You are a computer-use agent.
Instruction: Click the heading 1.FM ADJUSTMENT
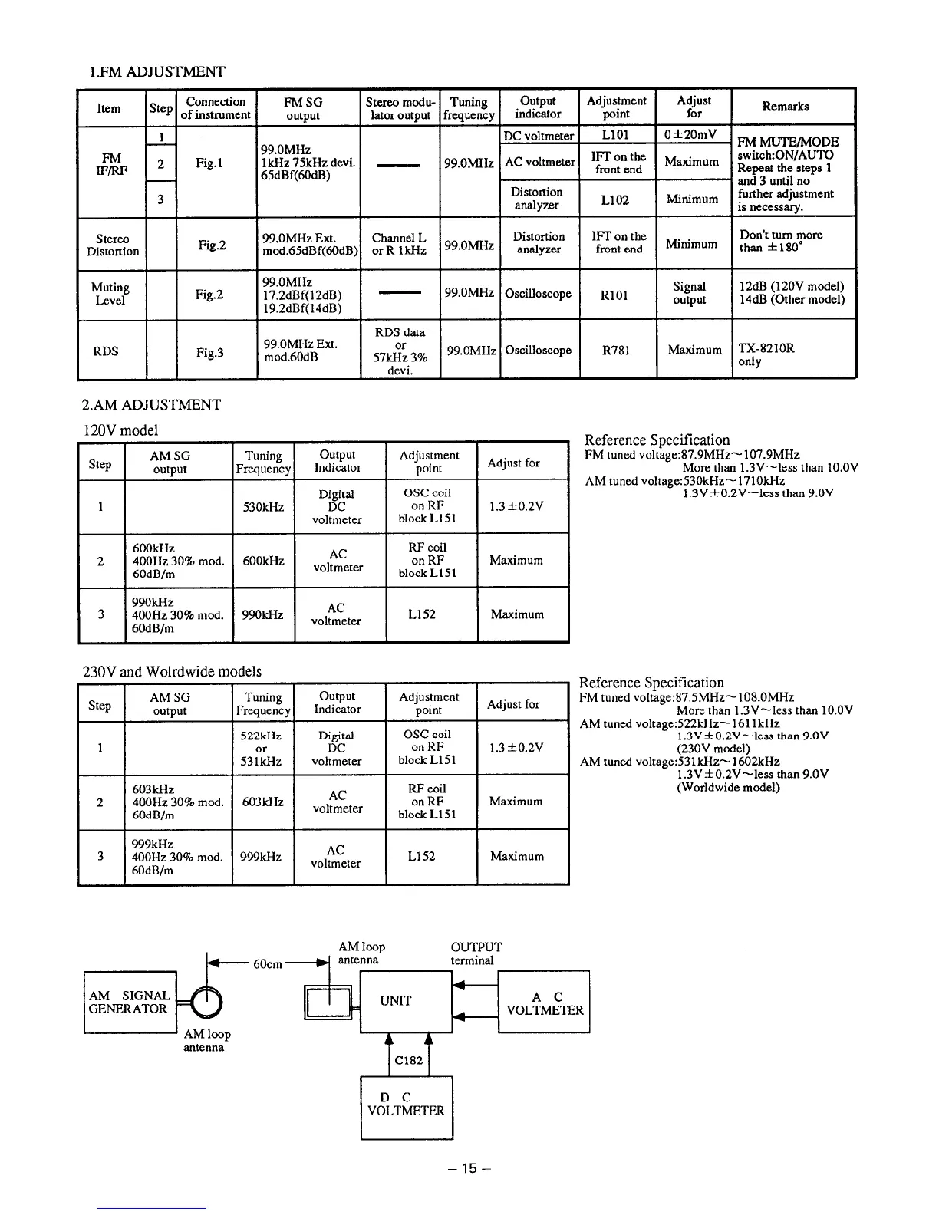pyautogui.click(x=156, y=72)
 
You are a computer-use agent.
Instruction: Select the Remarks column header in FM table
pyautogui.click(x=785, y=107)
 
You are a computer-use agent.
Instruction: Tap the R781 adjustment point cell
pyautogui.click(x=616, y=351)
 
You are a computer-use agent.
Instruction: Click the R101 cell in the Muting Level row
pyautogui.click(x=616, y=295)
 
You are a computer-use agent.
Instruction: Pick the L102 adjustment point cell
pyautogui.click(x=615, y=199)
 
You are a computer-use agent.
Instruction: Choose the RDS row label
pyautogui.click(x=106, y=351)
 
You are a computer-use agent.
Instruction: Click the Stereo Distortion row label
pyautogui.click(x=113, y=245)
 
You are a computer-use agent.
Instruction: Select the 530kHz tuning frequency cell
pyautogui.click(x=263, y=507)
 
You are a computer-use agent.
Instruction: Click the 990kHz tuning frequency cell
pyautogui.click(x=263, y=614)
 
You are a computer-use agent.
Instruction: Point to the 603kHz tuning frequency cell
pyautogui.click(x=262, y=802)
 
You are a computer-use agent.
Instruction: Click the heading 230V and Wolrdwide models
pyautogui.click(x=172, y=672)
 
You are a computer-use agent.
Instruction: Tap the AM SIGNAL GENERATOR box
pyautogui.click(x=130, y=1002)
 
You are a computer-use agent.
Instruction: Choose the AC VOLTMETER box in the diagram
pyautogui.click(x=545, y=1003)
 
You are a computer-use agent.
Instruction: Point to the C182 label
pyautogui.click(x=408, y=1060)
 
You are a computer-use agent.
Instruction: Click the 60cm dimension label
pyautogui.click(x=268, y=964)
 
